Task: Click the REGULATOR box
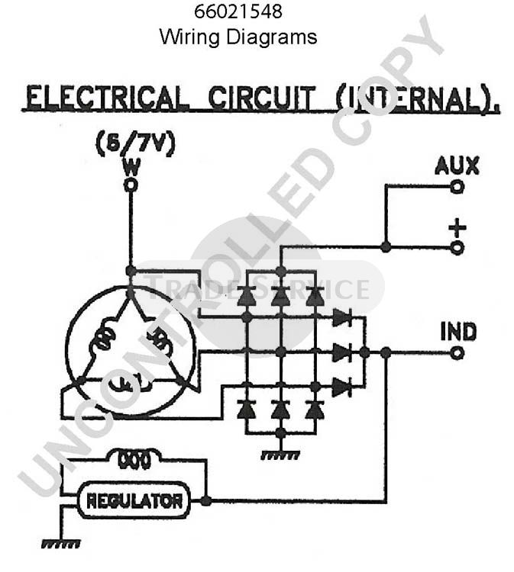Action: click(x=134, y=500)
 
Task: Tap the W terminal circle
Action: click(x=131, y=185)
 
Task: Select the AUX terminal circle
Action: click(x=457, y=187)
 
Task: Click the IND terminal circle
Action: click(x=457, y=353)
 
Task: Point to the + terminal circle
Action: click(x=457, y=248)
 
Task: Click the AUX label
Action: click(x=457, y=166)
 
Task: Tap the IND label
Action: click(x=458, y=332)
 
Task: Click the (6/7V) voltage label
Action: click(x=135, y=144)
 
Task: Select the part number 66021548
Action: click(x=238, y=11)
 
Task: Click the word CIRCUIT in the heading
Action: click(x=261, y=98)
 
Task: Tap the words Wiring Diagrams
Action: click(x=238, y=37)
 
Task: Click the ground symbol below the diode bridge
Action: click(x=280, y=455)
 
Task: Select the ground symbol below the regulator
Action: click(x=60, y=544)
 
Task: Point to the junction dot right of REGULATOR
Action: click(x=206, y=501)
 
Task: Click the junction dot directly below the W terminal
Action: click(x=131, y=271)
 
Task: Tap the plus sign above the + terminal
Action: click(x=457, y=228)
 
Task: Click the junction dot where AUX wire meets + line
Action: click(x=386, y=247)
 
